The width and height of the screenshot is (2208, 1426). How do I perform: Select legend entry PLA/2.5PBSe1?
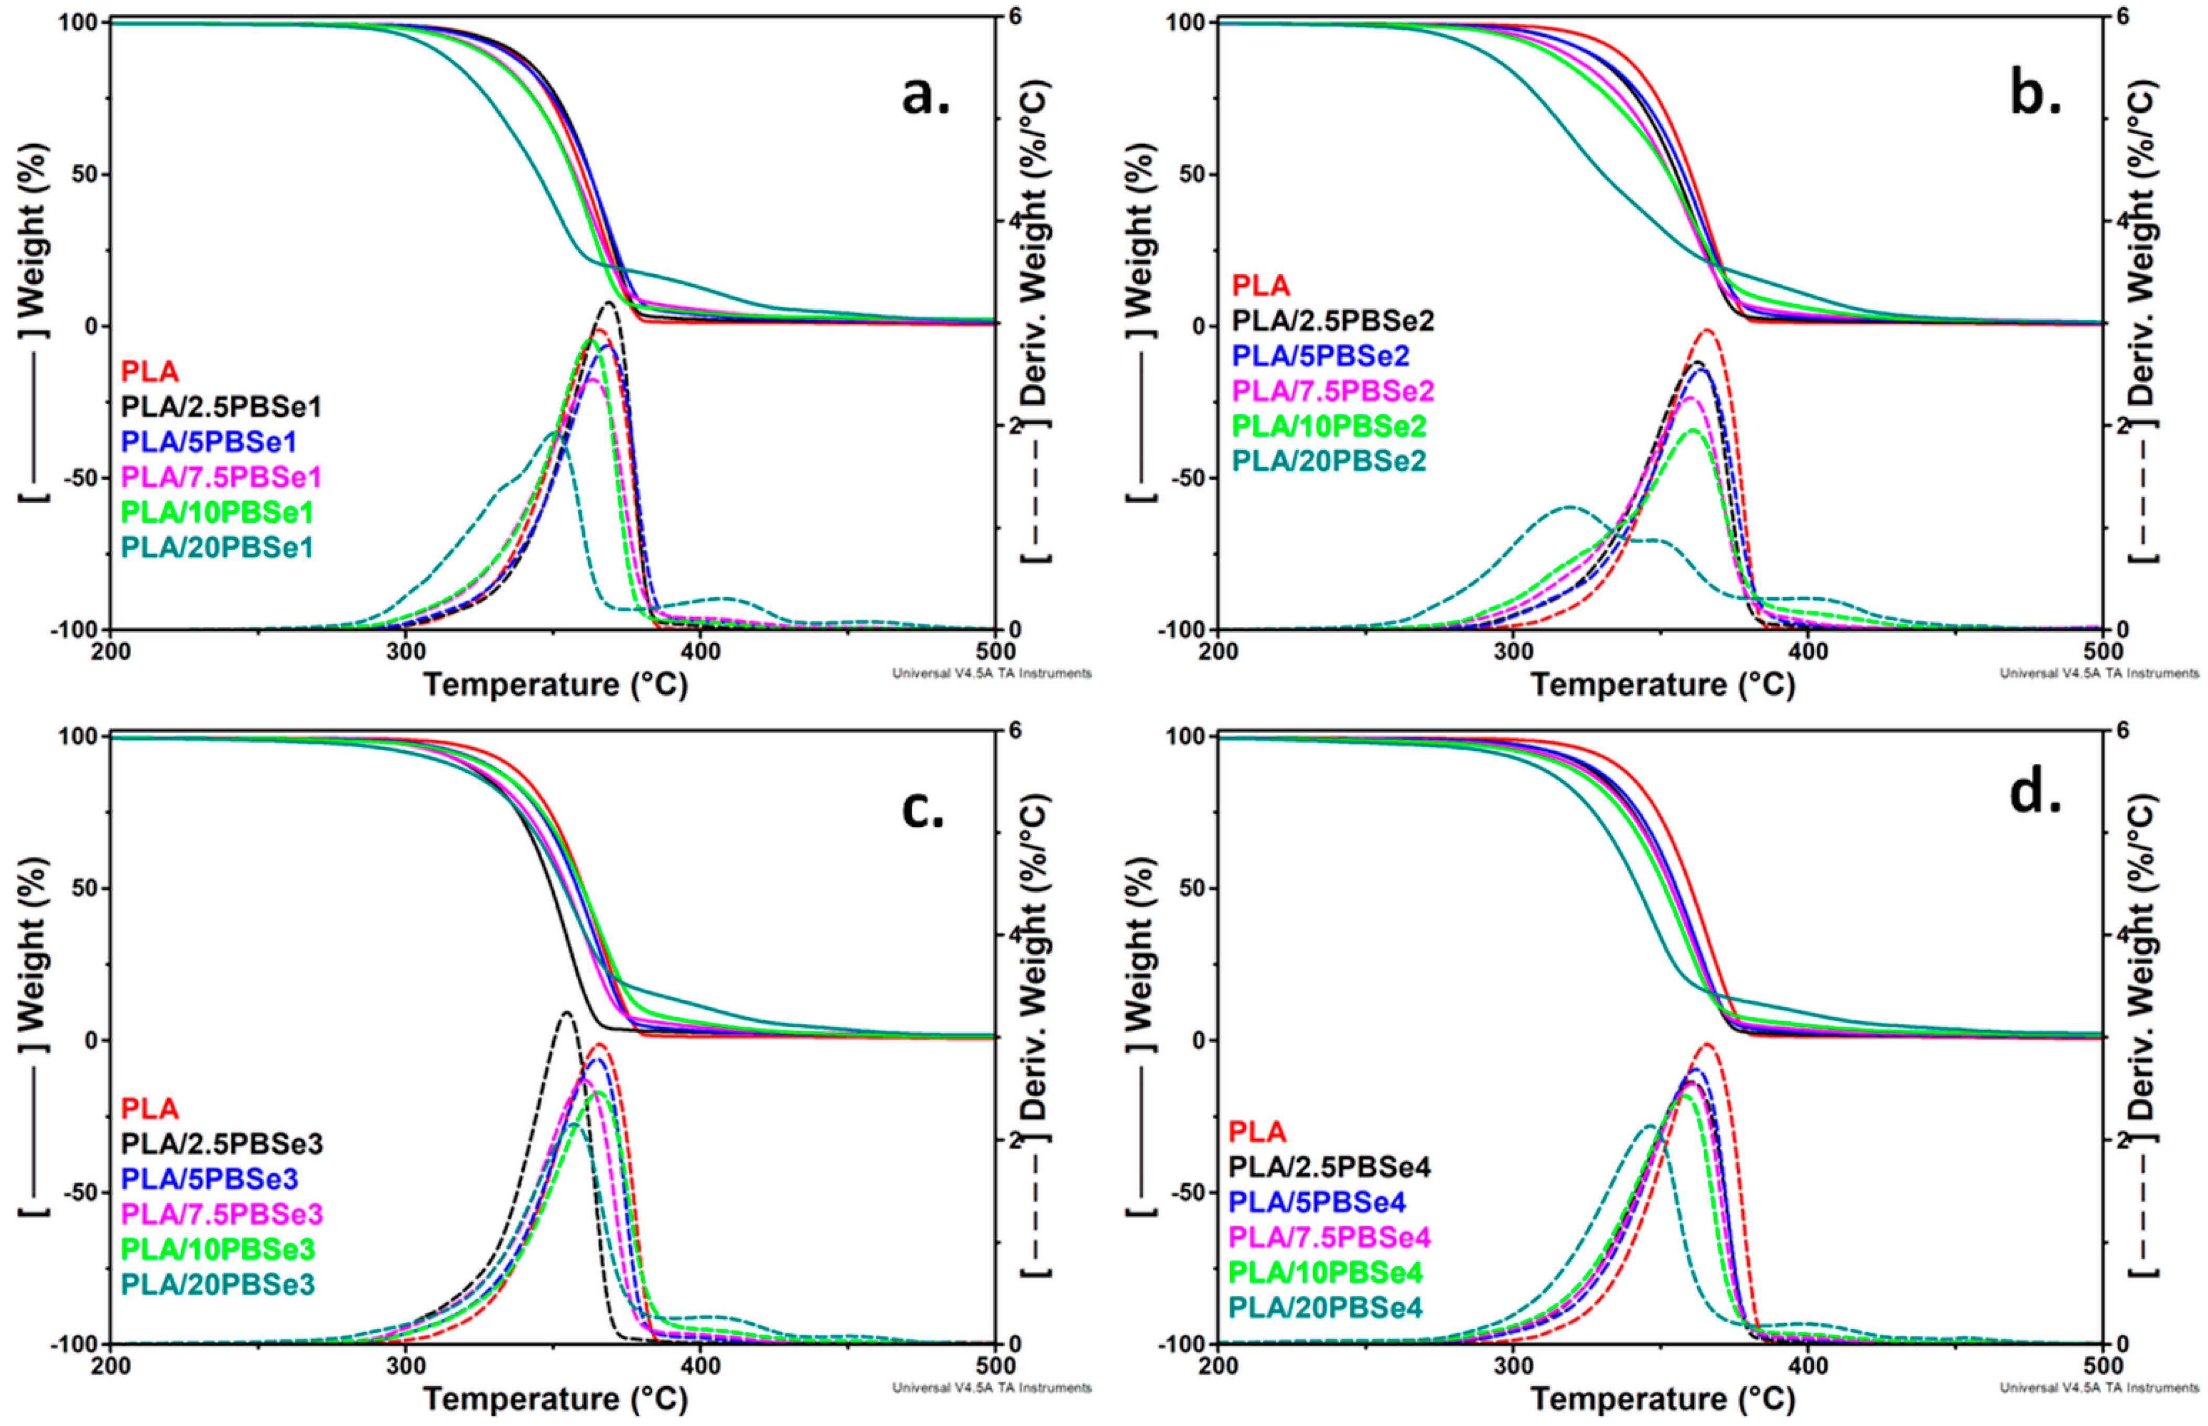coord(221,406)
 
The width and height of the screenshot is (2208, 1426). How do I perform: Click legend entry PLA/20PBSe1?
coord(218,547)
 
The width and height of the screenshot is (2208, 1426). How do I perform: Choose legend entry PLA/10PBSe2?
coord(1328,426)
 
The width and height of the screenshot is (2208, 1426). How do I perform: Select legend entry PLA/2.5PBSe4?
coord(1330,1166)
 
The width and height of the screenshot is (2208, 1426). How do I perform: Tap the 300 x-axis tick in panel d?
coord(1513,1366)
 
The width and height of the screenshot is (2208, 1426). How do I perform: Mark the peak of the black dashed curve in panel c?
coord(566,1013)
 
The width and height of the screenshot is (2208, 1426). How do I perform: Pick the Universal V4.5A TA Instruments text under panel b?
coord(2099,673)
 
